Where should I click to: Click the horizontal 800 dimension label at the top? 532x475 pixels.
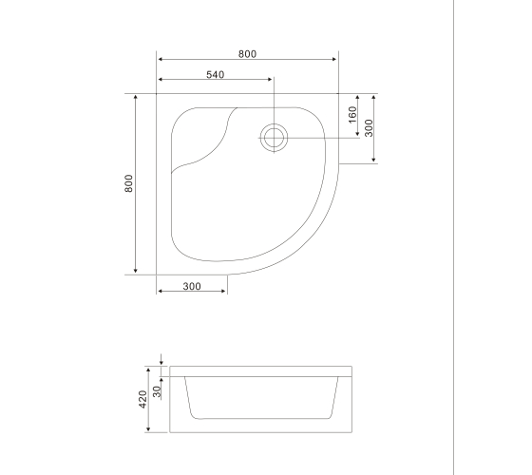247,54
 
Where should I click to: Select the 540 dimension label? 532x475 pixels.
216,74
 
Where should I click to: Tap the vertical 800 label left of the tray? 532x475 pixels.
128,183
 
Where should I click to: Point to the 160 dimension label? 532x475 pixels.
352,115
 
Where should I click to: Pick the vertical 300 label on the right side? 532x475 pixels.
369,128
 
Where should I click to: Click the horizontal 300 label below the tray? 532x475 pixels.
192,286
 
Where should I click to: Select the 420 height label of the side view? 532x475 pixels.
142,399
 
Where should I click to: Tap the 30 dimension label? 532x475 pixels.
157,391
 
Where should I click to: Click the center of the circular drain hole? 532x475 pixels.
274,138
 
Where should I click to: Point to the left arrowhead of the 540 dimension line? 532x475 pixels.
161,80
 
